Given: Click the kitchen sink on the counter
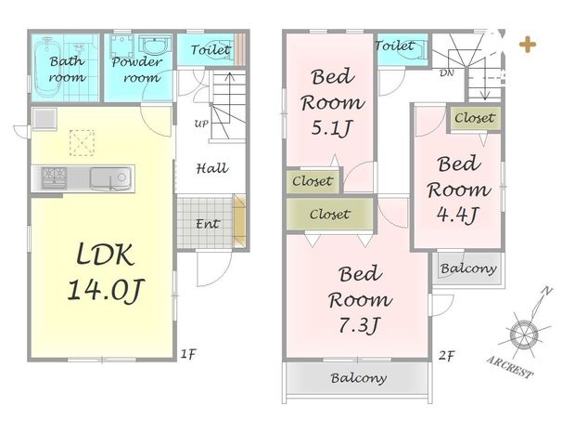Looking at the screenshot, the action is click(x=110, y=178).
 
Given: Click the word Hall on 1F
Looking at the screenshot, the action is click(x=212, y=168).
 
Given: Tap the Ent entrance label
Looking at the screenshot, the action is click(x=208, y=224).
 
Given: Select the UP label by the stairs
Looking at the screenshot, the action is click(x=201, y=124).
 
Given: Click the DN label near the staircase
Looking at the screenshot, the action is click(x=447, y=73).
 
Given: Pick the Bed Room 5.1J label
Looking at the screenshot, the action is click(x=332, y=102).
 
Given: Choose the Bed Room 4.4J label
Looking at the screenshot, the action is click(x=458, y=190).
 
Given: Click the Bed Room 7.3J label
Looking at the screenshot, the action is click(x=360, y=299).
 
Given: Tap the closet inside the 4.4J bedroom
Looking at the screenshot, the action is click(x=475, y=118).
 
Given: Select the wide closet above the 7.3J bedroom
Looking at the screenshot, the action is click(x=329, y=215).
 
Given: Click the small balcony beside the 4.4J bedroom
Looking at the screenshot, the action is click(x=468, y=269).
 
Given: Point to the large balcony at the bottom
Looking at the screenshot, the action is click(x=358, y=378).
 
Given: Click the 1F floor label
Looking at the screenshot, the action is click(x=188, y=354).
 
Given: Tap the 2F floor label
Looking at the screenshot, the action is click(x=447, y=355).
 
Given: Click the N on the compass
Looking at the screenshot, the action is click(x=547, y=292).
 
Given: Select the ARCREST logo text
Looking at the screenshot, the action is click(x=510, y=366).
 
